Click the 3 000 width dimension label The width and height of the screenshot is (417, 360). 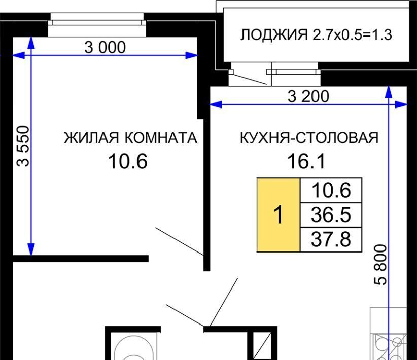click(x=105, y=47)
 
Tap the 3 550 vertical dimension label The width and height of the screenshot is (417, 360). click(x=23, y=146)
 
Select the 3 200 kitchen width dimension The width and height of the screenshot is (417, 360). click(x=308, y=96)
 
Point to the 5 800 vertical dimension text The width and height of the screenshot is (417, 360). click(x=380, y=265)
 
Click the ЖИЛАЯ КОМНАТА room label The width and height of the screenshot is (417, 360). click(x=130, y=138)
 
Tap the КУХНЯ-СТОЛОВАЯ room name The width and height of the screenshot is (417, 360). click(x=309, y=138)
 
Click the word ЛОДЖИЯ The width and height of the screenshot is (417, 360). click(x=274, y=35)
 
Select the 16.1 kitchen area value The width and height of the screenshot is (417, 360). click(x=306, y=161)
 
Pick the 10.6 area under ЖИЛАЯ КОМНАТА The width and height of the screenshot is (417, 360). click(x=128, y=161)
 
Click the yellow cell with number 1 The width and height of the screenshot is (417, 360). click(x=279, y=215)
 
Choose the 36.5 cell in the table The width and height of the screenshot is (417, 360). click(x=331, y=215)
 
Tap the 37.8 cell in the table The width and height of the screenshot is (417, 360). click(x=331, y=239)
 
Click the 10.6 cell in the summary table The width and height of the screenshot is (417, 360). click(x=331, y=190)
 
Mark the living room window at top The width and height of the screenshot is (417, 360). click(x=97, y=24)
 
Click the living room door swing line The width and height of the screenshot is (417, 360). click(x=180, y=242)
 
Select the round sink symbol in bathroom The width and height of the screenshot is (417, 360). click(x=134, y=349)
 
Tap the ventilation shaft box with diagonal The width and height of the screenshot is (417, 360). click(x=262, y=346)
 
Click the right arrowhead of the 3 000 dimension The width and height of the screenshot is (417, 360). click(x=191, y=55)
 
